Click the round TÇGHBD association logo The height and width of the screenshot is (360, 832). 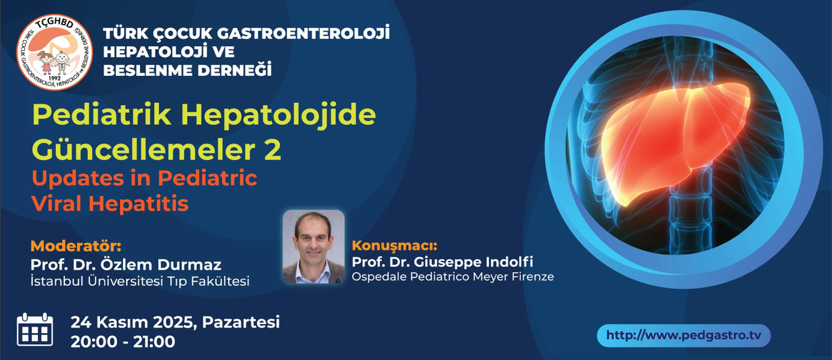click(x=55, y=52)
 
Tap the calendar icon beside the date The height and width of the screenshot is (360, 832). click(x=35, y=329)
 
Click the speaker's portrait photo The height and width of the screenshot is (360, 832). click(x=314, y=247)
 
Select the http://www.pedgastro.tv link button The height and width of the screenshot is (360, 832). click(x=684, y=336)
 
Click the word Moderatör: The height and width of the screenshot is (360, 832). click(x=76, y=246)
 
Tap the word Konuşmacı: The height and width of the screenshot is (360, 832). click(x=395, y=246)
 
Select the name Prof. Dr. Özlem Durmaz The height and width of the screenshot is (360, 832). click(x=126, y=264)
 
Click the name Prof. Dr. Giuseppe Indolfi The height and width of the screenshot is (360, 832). click(x=442, y=262)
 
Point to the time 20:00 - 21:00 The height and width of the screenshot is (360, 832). click(x=123, y=342)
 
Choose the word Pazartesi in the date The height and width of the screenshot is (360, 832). click(x=240, y=322)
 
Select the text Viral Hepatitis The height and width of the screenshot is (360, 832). click(x=110, y=204)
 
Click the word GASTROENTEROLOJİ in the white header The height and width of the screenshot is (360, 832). click(x=303, y=33)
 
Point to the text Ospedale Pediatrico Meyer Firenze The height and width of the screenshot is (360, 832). click(x=453, y=277)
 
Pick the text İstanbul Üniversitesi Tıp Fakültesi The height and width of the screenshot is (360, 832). click(x=140, y=281)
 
